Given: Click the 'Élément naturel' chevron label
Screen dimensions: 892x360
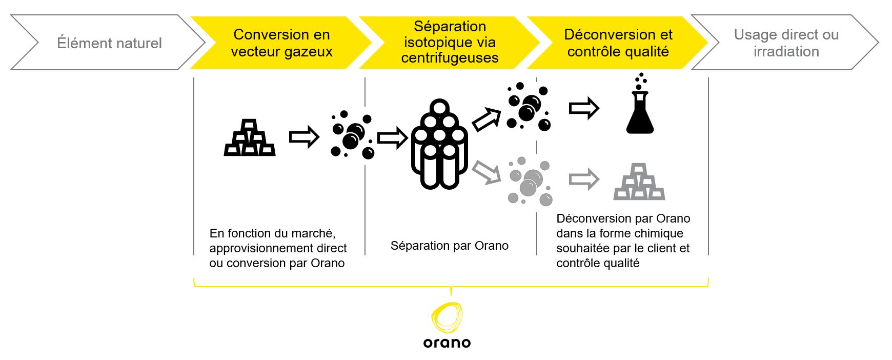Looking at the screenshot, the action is [x=109, y=43].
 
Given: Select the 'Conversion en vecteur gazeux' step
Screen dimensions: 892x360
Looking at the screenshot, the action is [x=281, y=43].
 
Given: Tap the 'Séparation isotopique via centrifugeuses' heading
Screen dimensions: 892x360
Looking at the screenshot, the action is [x=450, y=42].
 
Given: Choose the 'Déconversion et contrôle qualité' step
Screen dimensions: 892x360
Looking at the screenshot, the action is [x=618, y=43].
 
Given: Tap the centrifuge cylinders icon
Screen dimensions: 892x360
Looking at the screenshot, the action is [x=440, y=144].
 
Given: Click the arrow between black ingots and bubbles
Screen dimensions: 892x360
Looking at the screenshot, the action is [x=305, y=137].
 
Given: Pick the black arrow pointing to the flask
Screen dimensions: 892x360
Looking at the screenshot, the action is [x=584, y=108].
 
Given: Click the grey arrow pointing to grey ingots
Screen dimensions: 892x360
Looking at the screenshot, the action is [x=584, y=179].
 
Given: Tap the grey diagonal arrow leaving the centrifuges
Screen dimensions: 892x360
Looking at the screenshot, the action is [x=486, y=172].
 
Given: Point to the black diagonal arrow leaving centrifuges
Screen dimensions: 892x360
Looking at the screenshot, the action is [x=486, y=119].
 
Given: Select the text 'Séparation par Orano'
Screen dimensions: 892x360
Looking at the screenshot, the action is [x=450, y=246].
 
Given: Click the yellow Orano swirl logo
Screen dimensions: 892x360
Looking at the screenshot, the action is [x=447, y=318].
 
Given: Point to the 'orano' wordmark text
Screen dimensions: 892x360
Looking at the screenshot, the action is [x=447, y=343].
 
